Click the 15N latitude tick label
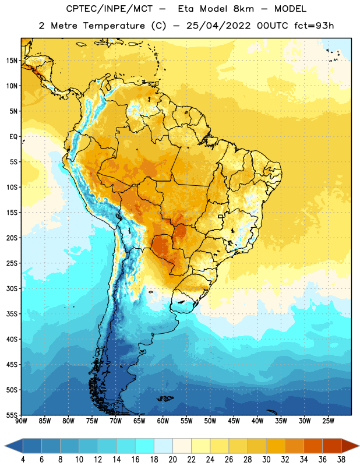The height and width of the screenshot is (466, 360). (12, 61)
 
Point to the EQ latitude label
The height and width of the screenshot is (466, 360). (13, 137)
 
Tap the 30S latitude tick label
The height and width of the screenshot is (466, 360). (12, 288)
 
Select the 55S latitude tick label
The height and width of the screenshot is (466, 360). (12, 415)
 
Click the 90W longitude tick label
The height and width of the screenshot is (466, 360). (21, 421)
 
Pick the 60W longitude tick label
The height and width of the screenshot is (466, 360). (163, 421)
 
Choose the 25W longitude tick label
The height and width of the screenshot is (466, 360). (328, 421)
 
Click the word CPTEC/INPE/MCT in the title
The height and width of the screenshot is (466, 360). (109, 9)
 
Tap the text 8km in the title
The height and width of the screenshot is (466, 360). (243, 9)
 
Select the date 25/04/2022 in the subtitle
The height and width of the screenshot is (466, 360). (218, 26)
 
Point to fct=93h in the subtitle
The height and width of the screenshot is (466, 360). (314, 26)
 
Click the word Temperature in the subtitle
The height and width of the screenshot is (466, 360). (114, 26)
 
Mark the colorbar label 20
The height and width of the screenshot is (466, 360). (172, 460)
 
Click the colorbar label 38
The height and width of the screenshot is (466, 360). (341, 460)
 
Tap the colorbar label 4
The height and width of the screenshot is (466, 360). (23, 460)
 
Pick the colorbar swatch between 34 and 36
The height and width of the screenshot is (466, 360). (313, 446)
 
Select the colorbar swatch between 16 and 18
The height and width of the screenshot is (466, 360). (145, 446)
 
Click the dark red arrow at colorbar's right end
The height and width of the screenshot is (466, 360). (350, 446)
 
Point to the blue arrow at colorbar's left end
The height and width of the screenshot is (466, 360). (13, 446)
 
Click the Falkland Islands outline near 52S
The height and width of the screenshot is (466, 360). (165, 398)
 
